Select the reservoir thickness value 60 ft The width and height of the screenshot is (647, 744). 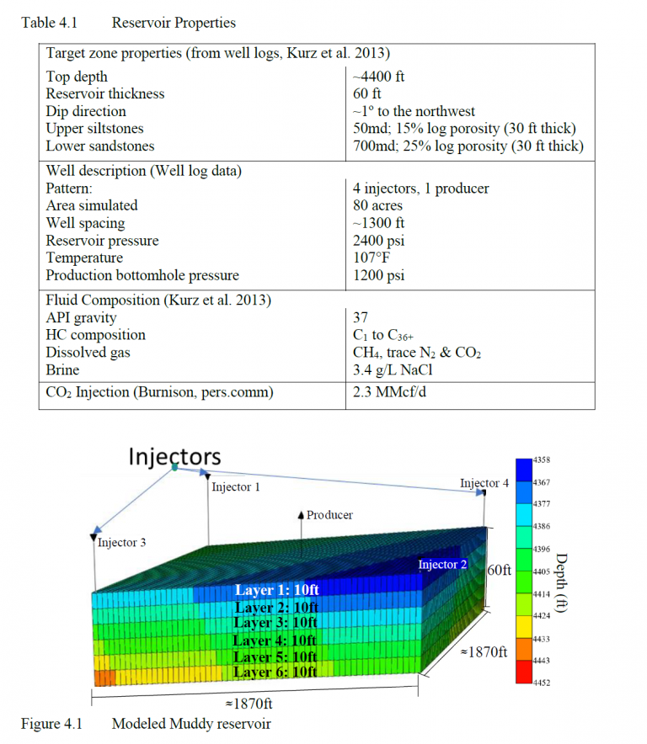click(x=368, y=94)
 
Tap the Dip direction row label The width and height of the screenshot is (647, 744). click(x=86, y=112)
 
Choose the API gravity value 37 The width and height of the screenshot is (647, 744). click(x=361, y=317)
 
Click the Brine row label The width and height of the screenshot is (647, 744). click(x=63, y=370)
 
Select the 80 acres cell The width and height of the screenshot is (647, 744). click(x=377, y=206)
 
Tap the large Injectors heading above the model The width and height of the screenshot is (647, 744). click(x=174, y=456)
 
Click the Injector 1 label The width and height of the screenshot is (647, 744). click(x=236, y=487)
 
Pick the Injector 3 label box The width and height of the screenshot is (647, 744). click(x=121, y=543)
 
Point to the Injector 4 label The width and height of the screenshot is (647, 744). click(x=484, y=483)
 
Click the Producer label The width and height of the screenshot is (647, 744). click(x=329, y=515)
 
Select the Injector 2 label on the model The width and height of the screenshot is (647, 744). click(x=442, y=564)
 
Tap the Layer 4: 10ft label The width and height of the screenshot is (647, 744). click(x=275, y=640)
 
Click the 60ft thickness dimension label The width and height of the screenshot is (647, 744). click(x=500, y=571)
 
